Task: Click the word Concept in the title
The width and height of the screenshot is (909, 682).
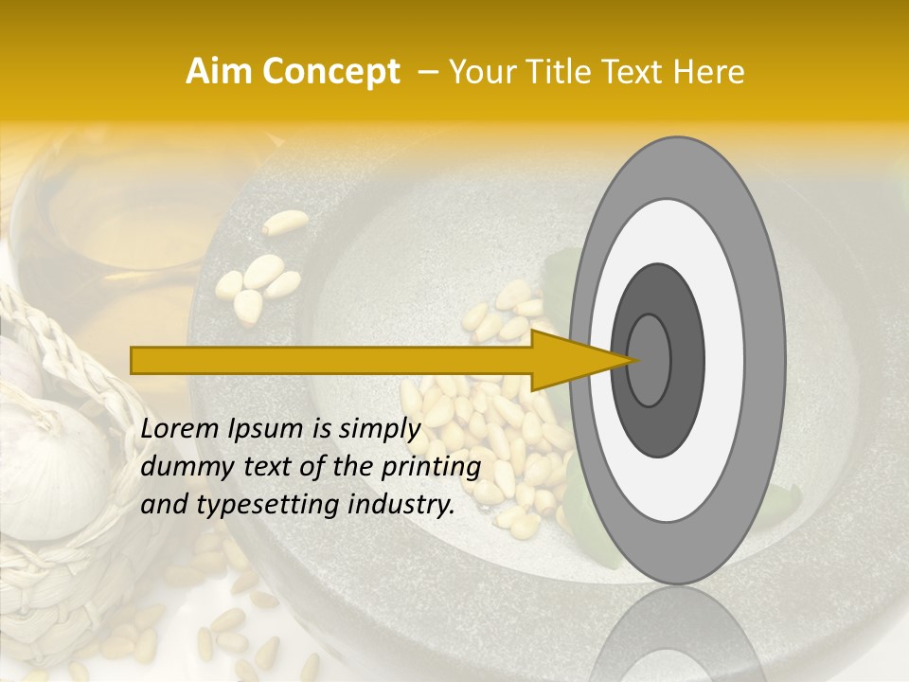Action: [x=330, y=72]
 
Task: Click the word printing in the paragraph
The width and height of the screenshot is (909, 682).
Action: [x=431, y=468]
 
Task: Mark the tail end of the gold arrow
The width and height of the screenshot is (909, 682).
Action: [x=134, y=360]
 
